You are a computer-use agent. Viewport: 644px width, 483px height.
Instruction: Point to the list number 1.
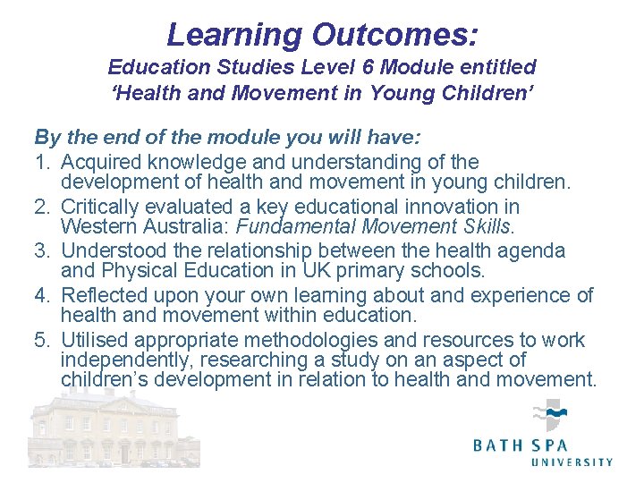41,162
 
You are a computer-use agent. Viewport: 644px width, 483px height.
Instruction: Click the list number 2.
41,208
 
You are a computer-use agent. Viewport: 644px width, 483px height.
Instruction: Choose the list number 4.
41,296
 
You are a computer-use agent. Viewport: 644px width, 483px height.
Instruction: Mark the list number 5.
41,340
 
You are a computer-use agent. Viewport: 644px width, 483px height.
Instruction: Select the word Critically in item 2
101,208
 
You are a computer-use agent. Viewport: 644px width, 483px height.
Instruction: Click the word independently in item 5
127,360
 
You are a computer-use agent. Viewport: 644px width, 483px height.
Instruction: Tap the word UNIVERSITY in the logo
572,462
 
